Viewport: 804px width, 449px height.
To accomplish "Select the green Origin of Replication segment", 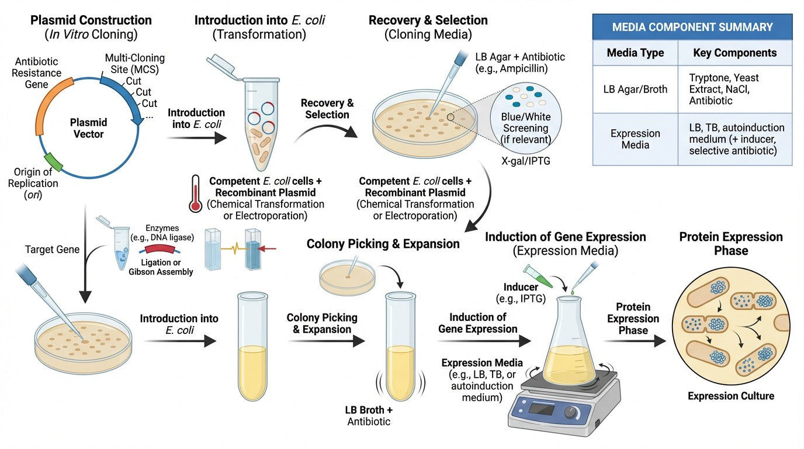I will pos(53,161).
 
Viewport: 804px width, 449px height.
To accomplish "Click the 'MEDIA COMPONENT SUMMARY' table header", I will pos(692,27).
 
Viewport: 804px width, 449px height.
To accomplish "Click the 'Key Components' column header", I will pos(734,53).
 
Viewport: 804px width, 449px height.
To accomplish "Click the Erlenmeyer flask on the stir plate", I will pos(569,345).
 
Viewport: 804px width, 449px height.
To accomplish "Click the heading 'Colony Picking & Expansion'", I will pos(383,243).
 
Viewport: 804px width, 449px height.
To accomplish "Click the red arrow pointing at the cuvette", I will pos(266,249).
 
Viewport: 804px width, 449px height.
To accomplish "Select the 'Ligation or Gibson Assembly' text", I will pos(161,267).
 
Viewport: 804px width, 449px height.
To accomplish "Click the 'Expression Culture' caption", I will pos(730,396).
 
